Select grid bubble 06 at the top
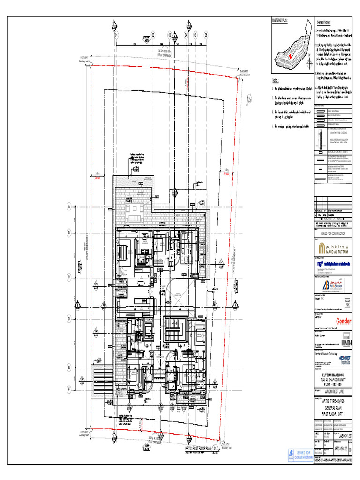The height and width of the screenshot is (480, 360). [x=206, y=35]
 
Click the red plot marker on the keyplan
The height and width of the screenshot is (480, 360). [x=290, y=56]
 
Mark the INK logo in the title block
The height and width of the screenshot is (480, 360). [x=346, y=303]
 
